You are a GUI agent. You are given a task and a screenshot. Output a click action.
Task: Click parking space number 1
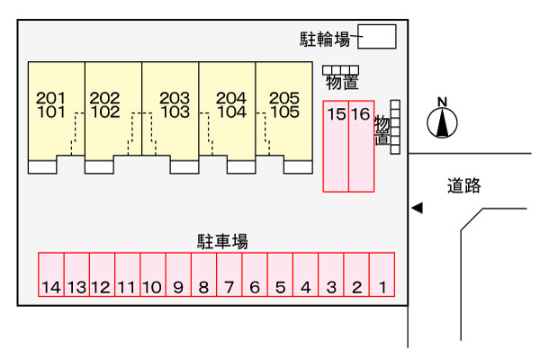382,275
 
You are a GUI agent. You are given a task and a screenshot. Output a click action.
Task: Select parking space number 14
50,275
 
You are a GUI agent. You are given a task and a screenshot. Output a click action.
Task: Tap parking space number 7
229,275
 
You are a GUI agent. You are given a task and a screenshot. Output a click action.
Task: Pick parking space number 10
152,275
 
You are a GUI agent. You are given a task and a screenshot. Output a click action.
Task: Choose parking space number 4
306,275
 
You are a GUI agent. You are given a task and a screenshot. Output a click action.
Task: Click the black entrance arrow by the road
416,209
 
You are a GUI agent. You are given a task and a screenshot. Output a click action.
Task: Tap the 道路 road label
464,186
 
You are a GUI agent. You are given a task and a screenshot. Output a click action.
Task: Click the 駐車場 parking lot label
222,241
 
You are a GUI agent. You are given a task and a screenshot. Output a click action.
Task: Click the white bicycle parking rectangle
378,37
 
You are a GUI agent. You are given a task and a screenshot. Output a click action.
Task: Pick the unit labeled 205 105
284,108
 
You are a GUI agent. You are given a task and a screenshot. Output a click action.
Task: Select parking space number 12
102,275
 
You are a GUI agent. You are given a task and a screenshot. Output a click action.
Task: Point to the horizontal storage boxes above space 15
340,70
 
